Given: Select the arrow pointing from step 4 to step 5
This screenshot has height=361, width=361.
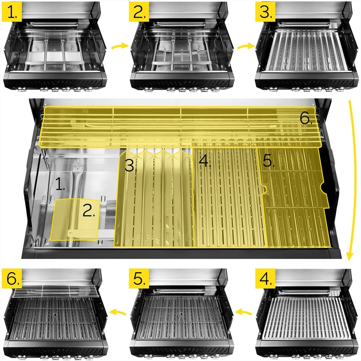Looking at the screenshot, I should (243, 313).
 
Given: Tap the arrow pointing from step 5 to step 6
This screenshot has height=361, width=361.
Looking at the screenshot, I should (116, 313).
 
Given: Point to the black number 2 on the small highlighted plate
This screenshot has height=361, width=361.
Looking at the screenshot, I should (89, 211).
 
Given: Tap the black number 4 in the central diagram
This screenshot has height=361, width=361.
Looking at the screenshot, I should (204, 161).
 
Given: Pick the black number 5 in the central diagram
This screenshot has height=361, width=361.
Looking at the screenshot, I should (269, 161).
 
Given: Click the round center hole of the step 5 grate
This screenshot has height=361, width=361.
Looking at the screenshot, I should (181, 314).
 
